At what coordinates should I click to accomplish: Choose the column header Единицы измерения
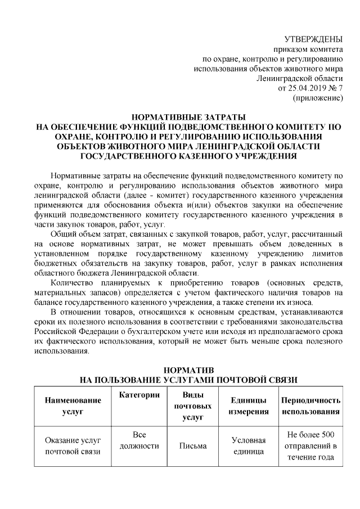click(248, 406)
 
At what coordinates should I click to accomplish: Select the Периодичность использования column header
click(311, 406)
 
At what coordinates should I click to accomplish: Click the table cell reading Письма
click(193, 446)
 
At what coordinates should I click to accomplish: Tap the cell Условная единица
click(248, 446)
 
